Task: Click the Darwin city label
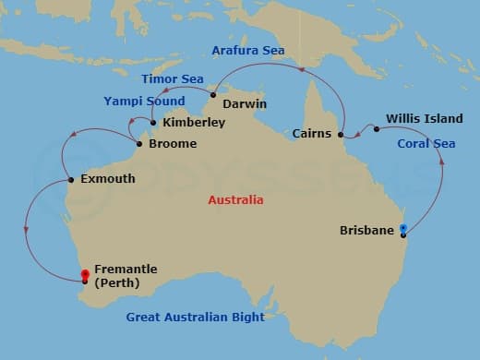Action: pos(245,104)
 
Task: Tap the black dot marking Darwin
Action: pos(212,95)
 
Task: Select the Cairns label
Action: pos(312,134)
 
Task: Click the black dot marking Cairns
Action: pos(341,135)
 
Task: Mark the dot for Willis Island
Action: pos(377,128)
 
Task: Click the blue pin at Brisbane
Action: pos(402,229)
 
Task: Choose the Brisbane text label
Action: pos(367,230)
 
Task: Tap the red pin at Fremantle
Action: pos(85,276)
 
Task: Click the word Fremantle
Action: pos(126,270)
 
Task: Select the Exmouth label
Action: pos(108,178)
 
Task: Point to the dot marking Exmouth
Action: pos(71,179)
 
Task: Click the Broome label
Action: pos(173,144)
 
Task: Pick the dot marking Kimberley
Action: pos(152,122)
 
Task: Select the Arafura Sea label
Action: pos(247,50)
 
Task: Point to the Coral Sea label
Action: pos(426,144)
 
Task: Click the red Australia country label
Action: pos(235,200)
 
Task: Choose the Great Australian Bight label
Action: pos(196,318)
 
